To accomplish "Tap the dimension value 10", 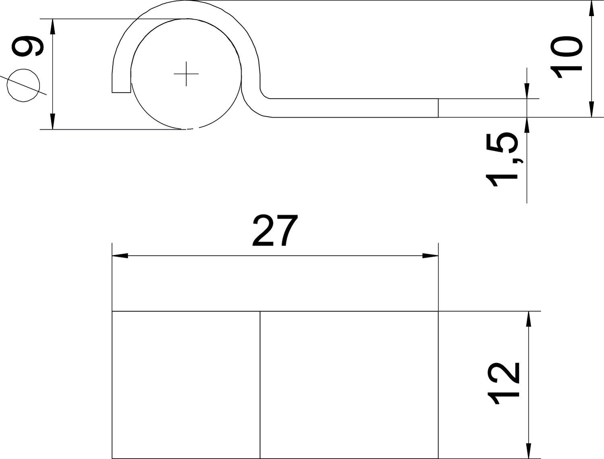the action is (566, 57).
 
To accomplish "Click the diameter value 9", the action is (27, 46).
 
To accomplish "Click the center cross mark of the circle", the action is (186, 74).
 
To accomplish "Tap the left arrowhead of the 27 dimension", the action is (120, 256).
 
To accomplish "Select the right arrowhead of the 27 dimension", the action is (430, 256).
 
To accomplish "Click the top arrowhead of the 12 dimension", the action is (528, 320).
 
